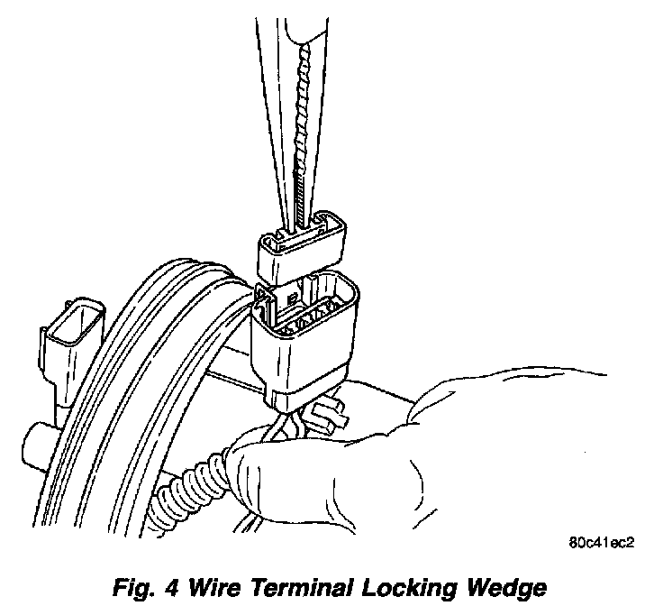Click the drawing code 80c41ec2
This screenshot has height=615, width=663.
(602, 544)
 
